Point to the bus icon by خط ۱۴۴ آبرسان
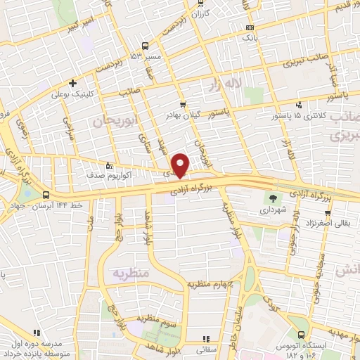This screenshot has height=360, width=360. [x=46, y=195]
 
